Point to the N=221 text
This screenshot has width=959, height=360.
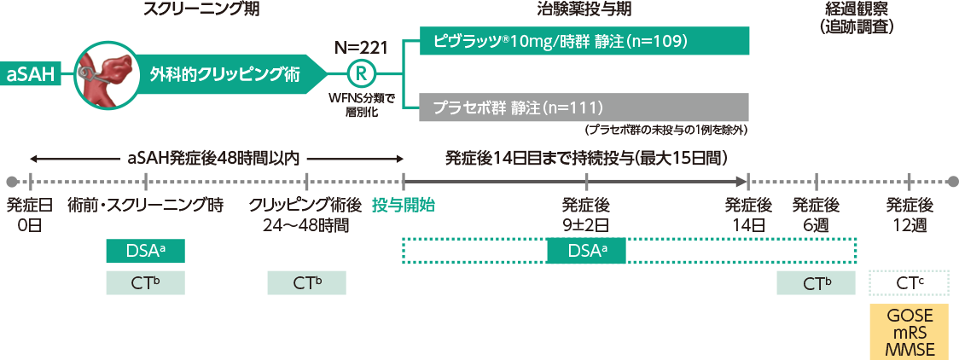pos(362,45)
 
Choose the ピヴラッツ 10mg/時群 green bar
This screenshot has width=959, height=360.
pos(584,41)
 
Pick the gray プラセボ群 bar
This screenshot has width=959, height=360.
pos(584,107)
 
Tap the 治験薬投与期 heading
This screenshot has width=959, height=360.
pos(585,10)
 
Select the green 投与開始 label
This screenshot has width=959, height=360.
pos(403,205)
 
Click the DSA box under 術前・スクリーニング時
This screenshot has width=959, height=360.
pos(145,251)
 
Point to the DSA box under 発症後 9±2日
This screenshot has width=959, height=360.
pos(586,251)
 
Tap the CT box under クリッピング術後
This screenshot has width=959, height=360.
pos(306,282)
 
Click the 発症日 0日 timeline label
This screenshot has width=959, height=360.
pos(29,215)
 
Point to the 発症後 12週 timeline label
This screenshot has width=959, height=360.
pos(909,215)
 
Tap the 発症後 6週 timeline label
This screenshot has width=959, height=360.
pos(817,215)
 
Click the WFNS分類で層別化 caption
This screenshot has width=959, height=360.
pos(360,104)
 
